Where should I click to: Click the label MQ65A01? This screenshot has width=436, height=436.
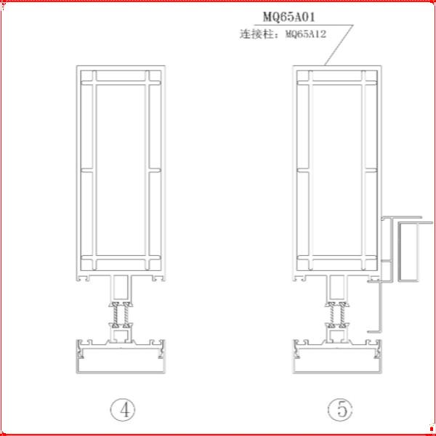tap(289, 17)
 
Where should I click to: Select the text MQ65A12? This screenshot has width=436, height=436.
tap(306, 34)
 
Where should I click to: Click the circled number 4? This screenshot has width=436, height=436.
tap(123, 410)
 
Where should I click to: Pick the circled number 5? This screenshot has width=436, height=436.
tap(340, 410)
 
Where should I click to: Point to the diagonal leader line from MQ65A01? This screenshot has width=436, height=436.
tap(339, 45)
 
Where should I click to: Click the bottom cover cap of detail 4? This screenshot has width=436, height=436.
tap(121, 361)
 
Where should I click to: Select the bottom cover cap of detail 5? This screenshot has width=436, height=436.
tap(337, 361)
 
